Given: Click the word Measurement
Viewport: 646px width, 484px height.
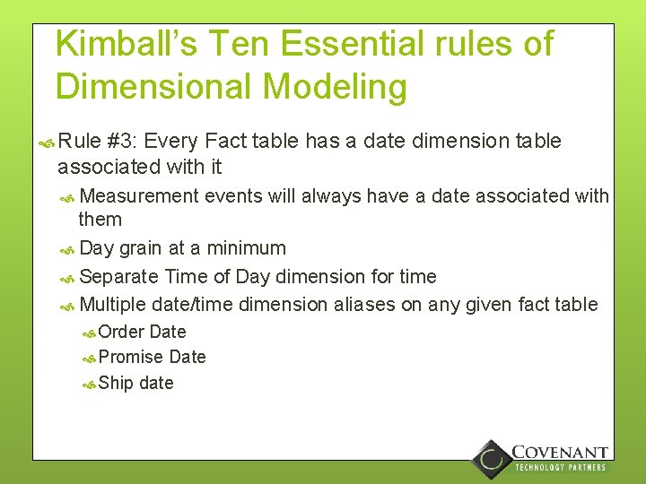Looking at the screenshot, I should point(138,195).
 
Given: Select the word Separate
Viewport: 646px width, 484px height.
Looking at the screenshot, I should point(118,276).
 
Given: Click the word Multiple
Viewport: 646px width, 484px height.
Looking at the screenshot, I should point(114,305).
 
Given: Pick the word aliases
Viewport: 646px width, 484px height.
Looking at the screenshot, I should point(365,305).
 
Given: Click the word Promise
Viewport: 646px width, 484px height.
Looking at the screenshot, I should point(131,357).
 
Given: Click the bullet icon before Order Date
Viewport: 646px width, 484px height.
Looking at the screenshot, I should point(89,333).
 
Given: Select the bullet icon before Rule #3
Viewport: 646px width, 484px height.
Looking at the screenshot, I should point(48,142).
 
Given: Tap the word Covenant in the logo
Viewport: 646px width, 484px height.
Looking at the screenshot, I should point(560,453).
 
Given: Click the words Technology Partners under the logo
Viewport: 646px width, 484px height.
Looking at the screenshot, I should point(560,467).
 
